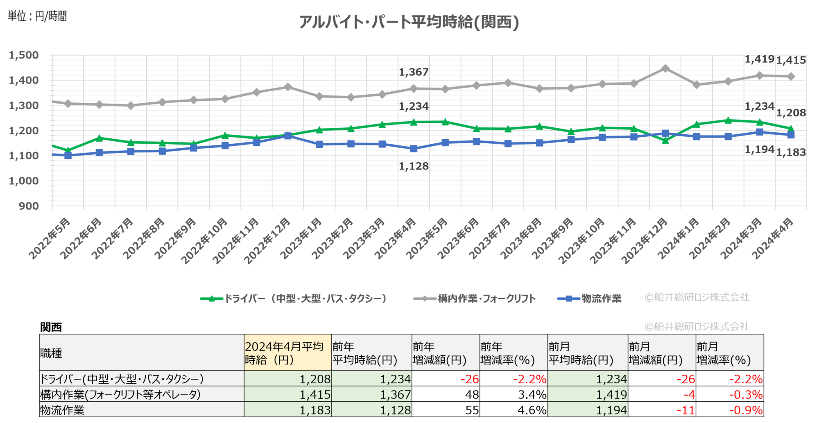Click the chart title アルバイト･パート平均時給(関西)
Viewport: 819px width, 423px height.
click(409, 22)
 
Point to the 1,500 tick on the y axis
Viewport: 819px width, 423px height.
click(24, 55)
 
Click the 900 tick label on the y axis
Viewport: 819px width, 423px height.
click(29, 206)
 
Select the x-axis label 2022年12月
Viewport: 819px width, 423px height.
click(267, 241)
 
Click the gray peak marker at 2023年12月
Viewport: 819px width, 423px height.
click(665, 68)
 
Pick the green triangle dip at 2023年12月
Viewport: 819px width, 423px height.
click(665, 140)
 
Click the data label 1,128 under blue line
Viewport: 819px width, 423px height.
click(414, 166)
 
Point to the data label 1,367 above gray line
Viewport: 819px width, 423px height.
click(414, 72)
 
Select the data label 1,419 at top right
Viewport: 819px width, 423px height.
click(759, 59)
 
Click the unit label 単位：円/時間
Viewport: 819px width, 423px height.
click(37, 16)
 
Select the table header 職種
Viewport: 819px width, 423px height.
click(51, 353)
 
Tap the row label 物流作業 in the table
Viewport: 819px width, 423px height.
click(62, 410)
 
